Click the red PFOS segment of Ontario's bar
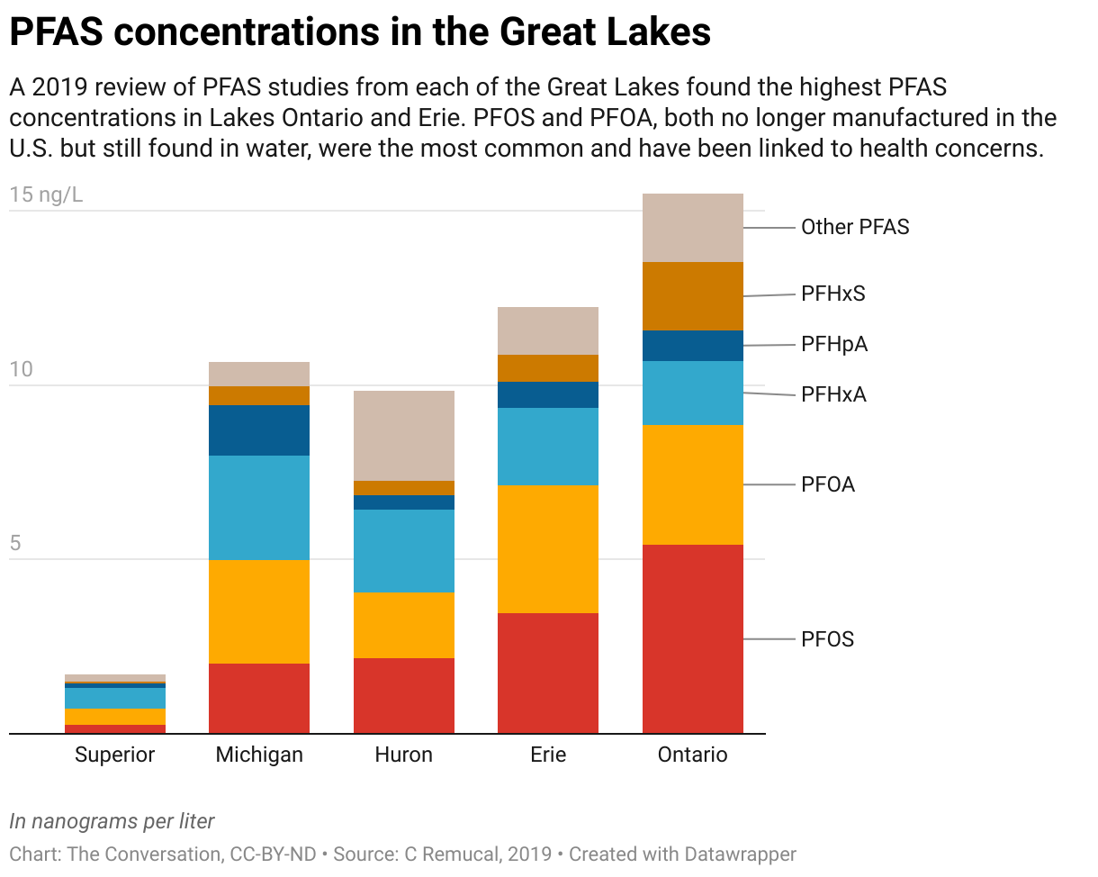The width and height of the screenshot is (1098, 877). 692,638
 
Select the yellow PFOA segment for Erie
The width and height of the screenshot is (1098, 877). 548,549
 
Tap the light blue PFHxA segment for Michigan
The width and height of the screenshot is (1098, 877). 259,508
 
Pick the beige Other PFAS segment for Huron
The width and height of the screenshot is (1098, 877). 403,436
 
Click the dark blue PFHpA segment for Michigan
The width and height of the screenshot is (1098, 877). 259,430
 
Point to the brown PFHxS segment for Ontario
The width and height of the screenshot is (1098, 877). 692,296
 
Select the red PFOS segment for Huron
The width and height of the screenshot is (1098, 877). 403,695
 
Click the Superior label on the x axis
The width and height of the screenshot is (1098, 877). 115,755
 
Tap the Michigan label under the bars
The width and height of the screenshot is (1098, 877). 259,755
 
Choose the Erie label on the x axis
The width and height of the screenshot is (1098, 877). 548,755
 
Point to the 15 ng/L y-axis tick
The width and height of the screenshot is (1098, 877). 46,194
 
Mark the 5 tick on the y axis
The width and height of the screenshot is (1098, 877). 16,544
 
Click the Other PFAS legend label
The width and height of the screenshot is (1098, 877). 855,227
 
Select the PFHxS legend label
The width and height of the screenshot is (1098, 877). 833,294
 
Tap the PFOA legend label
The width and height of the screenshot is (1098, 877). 828,484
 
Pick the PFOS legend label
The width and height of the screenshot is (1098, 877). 828,639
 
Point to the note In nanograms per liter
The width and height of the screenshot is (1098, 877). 112,821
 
